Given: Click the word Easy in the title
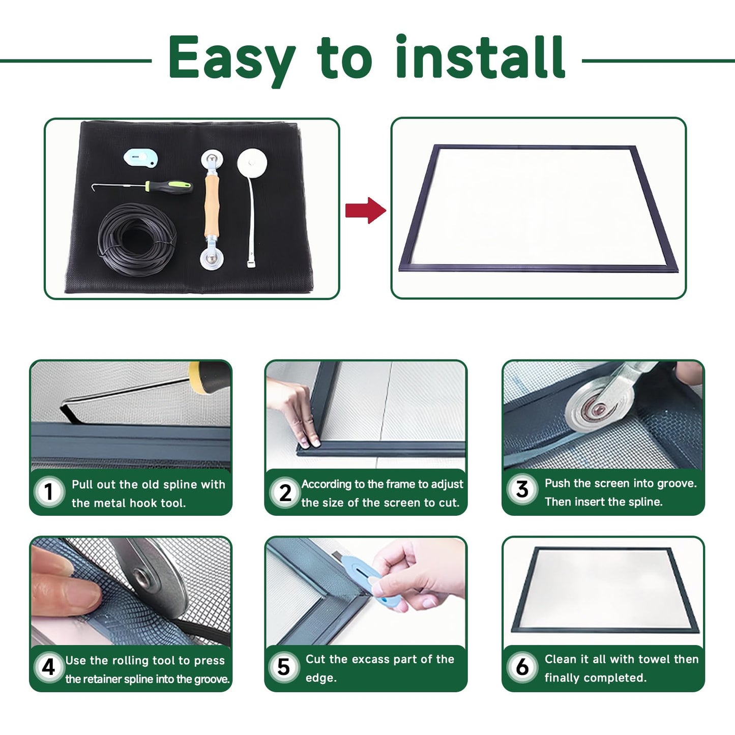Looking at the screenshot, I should point(231,58).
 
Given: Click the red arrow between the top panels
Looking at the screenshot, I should point(366,210).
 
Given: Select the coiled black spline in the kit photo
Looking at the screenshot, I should point(137,239).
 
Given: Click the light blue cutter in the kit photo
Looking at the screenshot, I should point(141,158).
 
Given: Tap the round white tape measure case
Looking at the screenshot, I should point(252,162).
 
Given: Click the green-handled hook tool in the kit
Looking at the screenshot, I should point(168,186).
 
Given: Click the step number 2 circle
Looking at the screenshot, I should point(285,492).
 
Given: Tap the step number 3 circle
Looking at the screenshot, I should point(522,489).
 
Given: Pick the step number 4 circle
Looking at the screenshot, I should point(48,666).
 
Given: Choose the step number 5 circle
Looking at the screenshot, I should point(284,667).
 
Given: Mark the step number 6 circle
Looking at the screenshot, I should point(522,667).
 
